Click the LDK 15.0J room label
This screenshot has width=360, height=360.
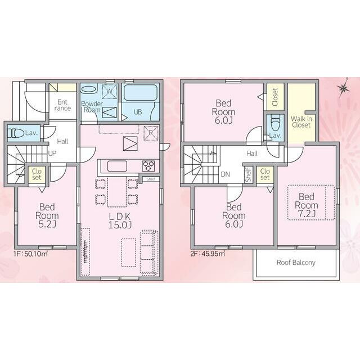120,220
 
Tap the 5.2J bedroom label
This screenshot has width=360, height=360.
47,215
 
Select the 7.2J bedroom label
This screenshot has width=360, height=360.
307,205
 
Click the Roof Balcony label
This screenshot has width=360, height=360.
296,263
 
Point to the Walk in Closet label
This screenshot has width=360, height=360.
301,122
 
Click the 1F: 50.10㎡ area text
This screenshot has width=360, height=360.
31,254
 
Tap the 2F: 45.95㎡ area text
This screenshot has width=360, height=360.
208,254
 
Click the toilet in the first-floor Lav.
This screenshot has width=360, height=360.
16,133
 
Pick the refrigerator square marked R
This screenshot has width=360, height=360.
151,133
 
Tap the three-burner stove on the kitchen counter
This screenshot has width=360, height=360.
148,166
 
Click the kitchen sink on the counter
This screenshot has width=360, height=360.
117,166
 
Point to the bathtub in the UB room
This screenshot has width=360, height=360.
141,93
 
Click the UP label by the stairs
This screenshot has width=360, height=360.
52,154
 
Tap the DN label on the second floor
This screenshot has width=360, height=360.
225,174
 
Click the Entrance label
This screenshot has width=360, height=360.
62,105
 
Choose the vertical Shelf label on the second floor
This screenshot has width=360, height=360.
248,175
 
